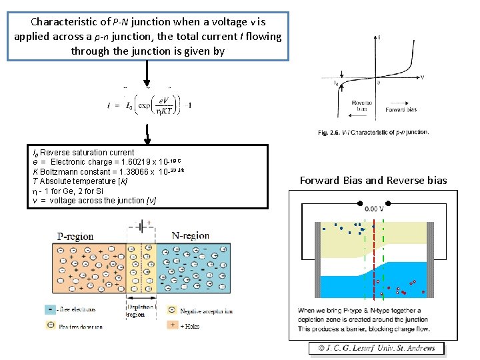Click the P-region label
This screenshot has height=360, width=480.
click(x=75, y=237)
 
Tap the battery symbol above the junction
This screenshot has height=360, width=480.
click(x=141, y=227)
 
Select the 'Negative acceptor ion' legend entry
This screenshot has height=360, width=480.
click(x=199, y=311)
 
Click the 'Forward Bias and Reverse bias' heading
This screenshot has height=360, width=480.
click(x=373, y=180)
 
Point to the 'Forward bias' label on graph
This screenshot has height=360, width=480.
click(x=401, y=109)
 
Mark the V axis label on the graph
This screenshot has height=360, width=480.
click(x=422, y=77)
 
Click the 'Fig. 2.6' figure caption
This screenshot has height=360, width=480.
click(x=373, y=132)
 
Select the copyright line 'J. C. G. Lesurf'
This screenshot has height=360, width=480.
click(x=377, y=348)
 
